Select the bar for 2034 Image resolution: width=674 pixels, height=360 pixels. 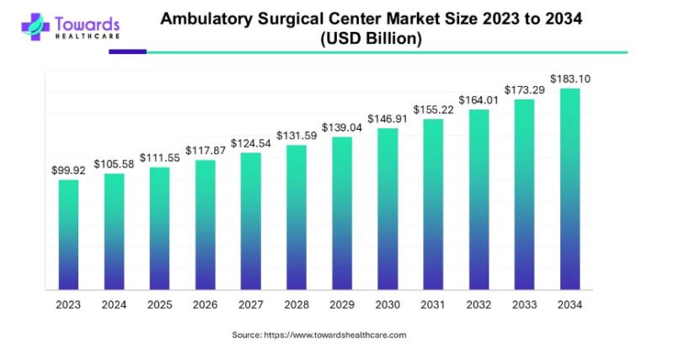[x=570, y=189]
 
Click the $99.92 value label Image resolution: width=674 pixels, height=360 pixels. [x=68, y=169]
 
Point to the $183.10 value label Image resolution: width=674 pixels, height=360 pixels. [x=570, y=79]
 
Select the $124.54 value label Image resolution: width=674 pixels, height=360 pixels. [x=251, y=142]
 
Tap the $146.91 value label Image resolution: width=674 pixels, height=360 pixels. [x=388, y=119]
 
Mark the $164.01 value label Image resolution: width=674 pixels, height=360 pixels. [x=479, y=100]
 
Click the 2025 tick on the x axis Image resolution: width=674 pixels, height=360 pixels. [x=159, y=304]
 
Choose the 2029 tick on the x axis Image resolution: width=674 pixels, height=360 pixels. [x=342, y=304]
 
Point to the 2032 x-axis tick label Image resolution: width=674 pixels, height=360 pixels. [x=479, y=304]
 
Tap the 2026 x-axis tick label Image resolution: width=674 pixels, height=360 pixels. [x=205, y=304]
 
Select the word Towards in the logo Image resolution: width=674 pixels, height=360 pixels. [x=87, y=24]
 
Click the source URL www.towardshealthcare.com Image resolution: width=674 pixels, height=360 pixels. [x=335, y=335]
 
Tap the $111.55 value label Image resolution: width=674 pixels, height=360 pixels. [x=159, y=158]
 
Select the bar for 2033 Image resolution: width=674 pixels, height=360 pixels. [x=524, y=194]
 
